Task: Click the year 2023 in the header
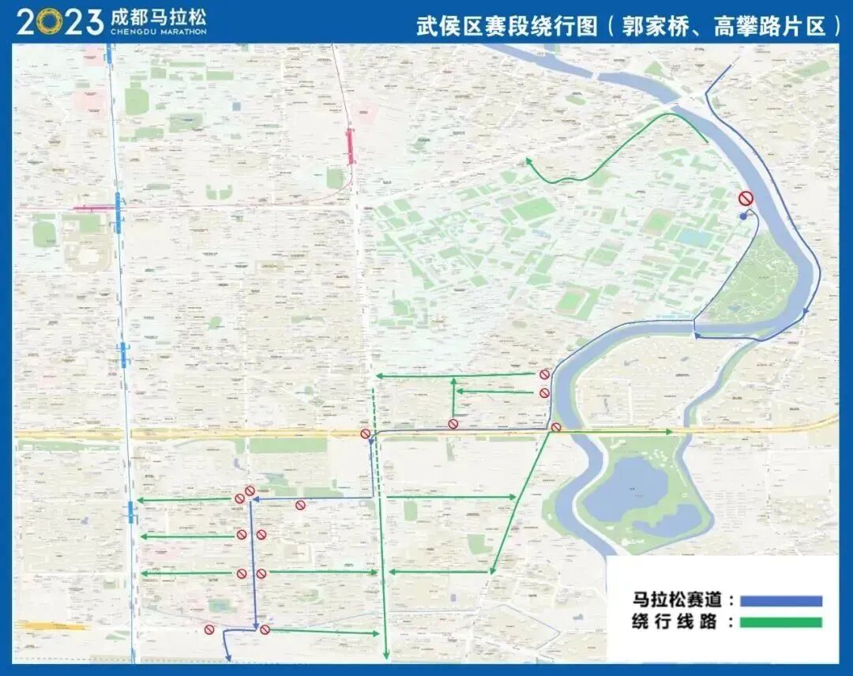click(60, 21)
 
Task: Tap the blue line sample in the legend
click(781, 601)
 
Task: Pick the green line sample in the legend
click(781, 622)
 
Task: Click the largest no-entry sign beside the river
click(746, 198)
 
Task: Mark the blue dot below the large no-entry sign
click(742, 216)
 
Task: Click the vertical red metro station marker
click(350, 147)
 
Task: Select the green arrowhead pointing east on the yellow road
click(670, 431)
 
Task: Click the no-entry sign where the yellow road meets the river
click(556, 427)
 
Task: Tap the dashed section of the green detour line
click(377, 466)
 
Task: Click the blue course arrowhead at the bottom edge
click(228, 657)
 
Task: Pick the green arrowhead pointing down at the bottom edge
click(386, 655)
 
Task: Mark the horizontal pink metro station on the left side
click(93, 208)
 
